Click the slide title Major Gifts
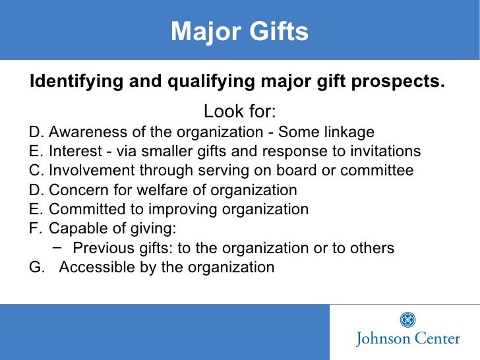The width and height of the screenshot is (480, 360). point(239,31)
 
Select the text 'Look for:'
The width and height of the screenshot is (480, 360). point(239,110)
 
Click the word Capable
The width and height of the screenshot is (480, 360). point(75,229)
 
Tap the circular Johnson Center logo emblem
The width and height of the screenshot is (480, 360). point(408,320)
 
